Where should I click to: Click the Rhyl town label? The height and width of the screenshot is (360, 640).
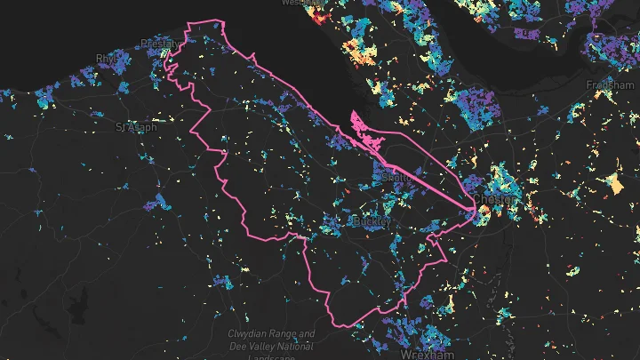pyautogui.click(x=107, y=60)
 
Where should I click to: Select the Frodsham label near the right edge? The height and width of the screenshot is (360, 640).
pyautogui.click(x=612, y=84)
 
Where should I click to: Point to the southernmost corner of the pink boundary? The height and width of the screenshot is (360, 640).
pyautogui.click(x=336, y=324)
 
